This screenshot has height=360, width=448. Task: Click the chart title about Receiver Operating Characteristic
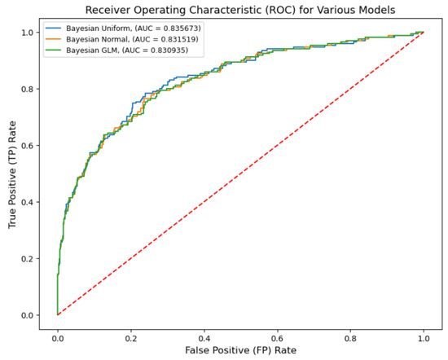[240, 10]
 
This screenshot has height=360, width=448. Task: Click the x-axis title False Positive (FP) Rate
[240, 350]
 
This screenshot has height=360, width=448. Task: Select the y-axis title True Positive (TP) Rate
[11, 173]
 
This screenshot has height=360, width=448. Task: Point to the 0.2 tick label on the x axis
[130, 335]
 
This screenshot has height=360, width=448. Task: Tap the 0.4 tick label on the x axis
[204, 335]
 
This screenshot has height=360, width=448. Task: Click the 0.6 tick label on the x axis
[277, 335]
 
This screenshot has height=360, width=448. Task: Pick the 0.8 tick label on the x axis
[350, 335]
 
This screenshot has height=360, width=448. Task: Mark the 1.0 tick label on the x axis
[424, 335]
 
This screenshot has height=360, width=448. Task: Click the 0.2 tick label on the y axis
[29, 259]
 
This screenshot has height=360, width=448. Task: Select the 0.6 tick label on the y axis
[29, 146]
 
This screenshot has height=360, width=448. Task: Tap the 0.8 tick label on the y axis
[29, 89]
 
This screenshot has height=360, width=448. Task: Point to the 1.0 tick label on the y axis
[29, 33]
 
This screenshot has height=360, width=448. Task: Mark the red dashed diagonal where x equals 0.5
[240, 173]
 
